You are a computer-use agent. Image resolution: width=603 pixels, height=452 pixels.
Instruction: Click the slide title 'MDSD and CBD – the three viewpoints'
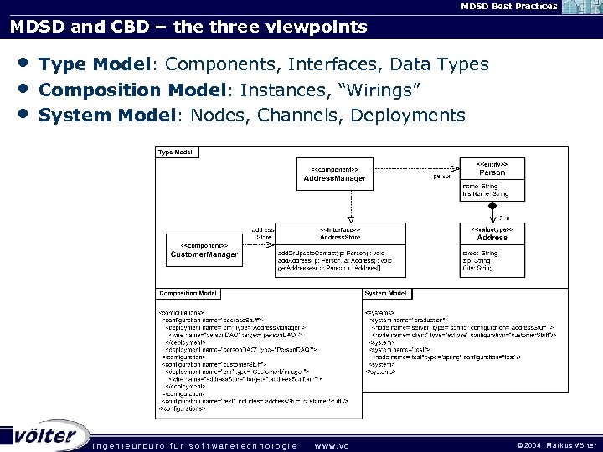(188, 27)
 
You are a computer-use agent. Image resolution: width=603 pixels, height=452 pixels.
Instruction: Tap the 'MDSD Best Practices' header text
(508, 6)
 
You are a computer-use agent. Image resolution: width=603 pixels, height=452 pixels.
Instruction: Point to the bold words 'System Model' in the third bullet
(106, 115)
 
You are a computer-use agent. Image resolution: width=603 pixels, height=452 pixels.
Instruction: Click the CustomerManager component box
(204, 250)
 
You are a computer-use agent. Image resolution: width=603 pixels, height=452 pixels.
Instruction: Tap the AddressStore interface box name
(340, 237)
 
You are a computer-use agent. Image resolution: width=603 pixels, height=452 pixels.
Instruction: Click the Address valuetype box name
(492, 237)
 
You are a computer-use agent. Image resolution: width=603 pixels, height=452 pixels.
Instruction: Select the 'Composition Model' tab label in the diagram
(188, 294)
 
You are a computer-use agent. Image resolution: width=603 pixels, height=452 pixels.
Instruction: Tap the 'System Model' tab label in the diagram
(386, 294)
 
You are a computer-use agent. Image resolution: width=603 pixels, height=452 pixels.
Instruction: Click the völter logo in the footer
(46, 435)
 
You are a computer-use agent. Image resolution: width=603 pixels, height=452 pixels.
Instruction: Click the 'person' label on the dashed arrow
(441, 177)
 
